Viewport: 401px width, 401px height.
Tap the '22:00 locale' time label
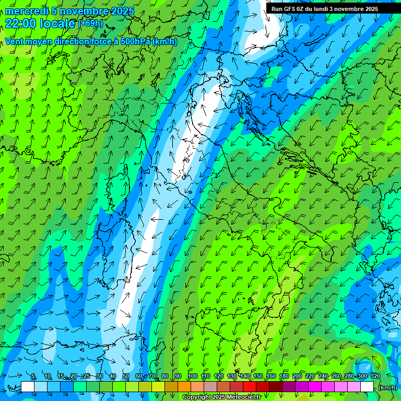click(40, 23)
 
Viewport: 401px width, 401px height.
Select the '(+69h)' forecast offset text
click(90, 23)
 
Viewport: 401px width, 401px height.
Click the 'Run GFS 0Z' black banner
click(329, 9)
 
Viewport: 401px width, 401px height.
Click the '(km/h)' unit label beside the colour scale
click(387, 387)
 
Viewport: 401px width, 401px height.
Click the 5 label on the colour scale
click(33, 376)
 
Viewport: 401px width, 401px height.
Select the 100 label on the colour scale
click(193, 376)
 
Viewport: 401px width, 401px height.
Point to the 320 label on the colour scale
click(375, 376)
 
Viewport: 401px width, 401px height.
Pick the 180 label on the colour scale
click(284, 376)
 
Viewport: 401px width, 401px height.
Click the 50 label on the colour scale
click(126, 376)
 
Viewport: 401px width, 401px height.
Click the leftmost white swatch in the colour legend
click(28, 386)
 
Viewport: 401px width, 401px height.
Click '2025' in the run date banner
click(372, 9)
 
